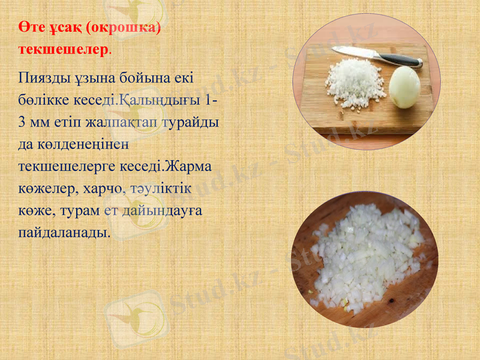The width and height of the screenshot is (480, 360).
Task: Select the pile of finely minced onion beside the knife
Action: tap(355, 83)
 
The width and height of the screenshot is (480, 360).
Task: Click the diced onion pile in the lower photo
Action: tap(365, 258)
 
